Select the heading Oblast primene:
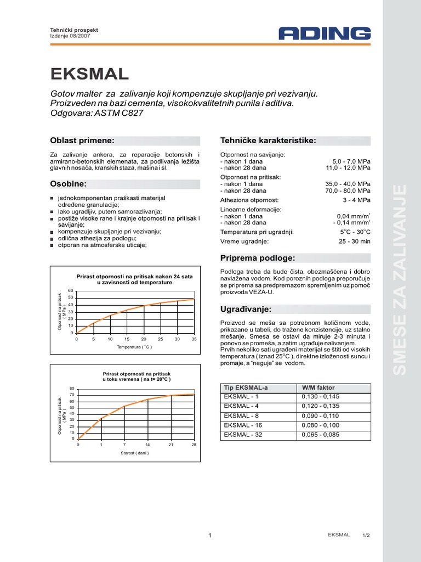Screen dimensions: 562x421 point(82,140)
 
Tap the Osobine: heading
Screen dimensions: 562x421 point(69,183)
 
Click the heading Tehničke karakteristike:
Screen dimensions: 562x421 point(268,140)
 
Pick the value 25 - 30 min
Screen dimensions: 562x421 point(355,241)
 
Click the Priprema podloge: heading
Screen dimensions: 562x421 point(258,258)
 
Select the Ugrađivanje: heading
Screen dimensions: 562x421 point(246,310)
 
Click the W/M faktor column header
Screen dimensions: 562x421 point(318,387)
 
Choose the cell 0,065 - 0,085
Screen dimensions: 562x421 point(321,435)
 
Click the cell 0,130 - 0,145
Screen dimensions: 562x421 point(321,396)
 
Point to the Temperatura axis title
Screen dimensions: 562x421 point(134,347)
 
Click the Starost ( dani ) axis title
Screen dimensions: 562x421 point(135,453)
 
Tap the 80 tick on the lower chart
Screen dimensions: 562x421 point(72,389)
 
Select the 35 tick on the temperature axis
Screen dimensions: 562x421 point(194,339)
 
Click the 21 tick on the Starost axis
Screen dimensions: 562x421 point(170,444)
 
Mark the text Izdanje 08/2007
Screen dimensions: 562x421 point(67,36)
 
